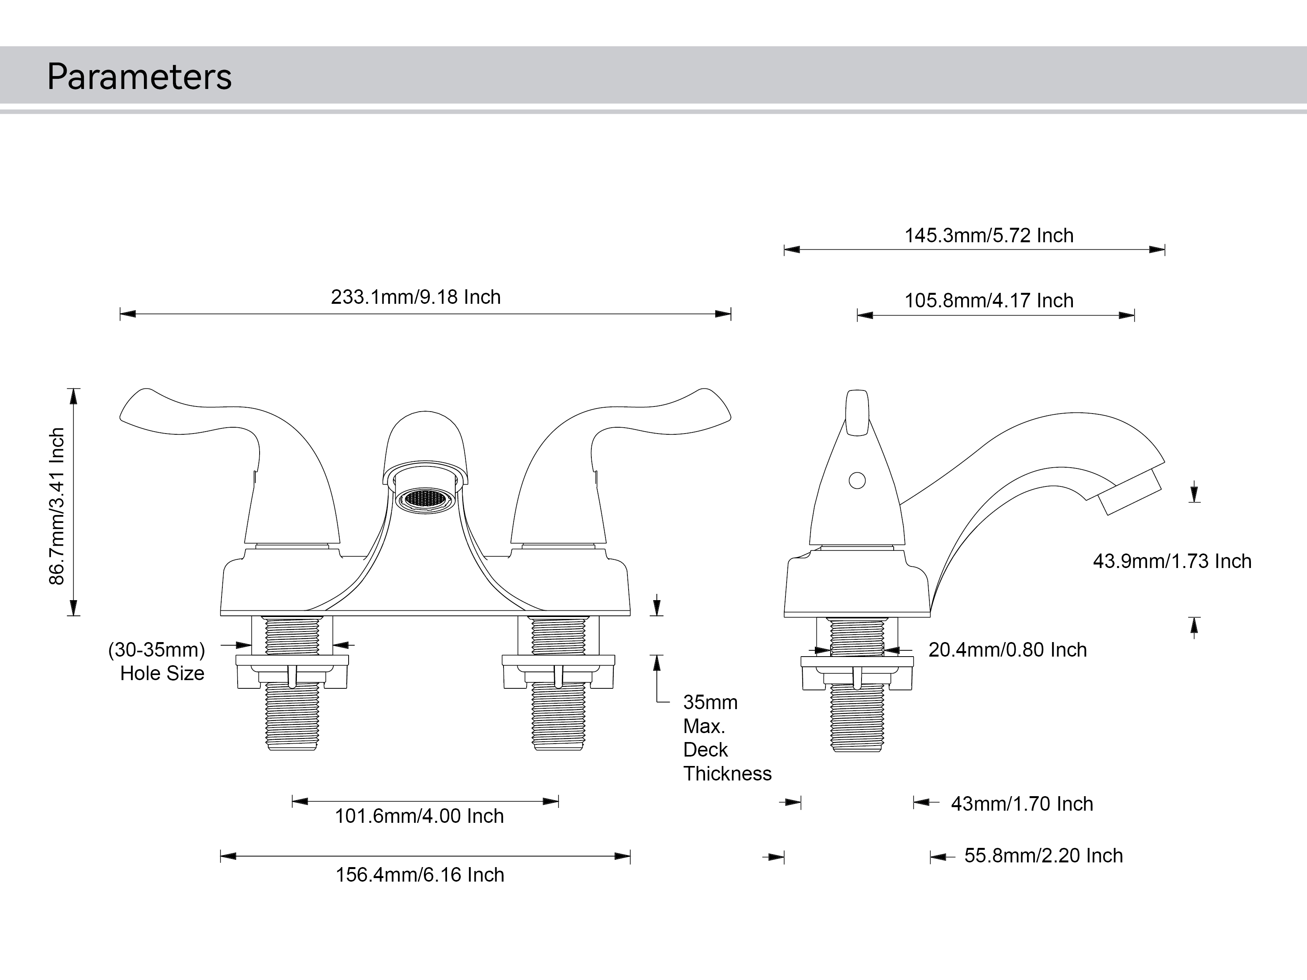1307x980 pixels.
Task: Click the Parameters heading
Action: click(x=140, y=77)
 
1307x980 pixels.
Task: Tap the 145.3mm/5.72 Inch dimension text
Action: click(x=989, y=236)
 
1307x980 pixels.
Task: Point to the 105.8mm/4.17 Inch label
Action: click(x=989, y=301)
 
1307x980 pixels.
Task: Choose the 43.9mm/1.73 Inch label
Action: click(x=1172, y=561)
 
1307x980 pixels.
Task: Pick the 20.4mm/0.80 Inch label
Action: click(x=1007, y=650)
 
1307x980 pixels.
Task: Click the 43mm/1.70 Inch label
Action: click(x=1022, y=804)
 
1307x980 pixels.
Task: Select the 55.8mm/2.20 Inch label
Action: click(x=1043, y=856)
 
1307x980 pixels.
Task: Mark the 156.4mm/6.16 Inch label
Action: click(x=420, y=875)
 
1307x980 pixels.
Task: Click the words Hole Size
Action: click(x=162, y=673)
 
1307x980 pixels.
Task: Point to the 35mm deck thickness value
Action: click(x=710, y=702)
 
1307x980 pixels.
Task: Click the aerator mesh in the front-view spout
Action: click(x=425, y=499)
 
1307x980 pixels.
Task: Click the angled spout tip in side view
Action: click(x=1130, y=492)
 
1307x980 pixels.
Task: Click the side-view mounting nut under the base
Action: click(x=857, y=673)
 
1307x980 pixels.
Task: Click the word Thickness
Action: click(x=727, y=774)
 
